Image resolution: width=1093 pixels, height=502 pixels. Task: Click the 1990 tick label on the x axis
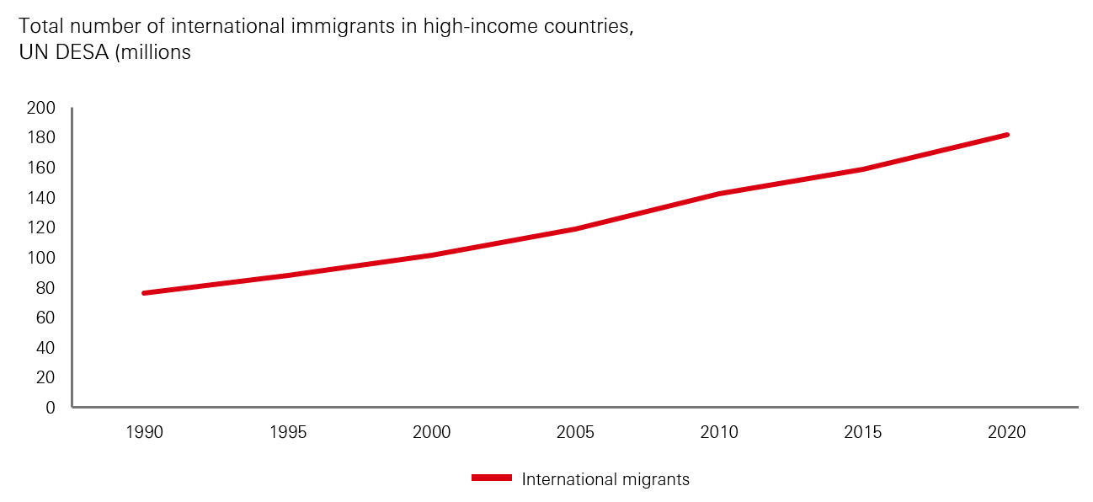(144, 433)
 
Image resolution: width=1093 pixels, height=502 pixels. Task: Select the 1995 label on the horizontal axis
(288, 433)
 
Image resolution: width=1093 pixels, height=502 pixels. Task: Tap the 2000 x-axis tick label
(432, 433)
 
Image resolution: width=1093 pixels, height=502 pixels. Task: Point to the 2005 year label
(576, 433)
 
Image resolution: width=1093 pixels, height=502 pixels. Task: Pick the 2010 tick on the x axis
(719, 433)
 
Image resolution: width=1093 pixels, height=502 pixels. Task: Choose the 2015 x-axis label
(863, 433)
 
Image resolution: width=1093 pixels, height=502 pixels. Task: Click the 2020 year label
(1007, 433)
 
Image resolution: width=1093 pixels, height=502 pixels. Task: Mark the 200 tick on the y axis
(40, 108)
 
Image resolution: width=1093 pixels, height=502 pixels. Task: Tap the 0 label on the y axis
(50, 408)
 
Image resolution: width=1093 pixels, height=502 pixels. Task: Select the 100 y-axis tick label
(40, 258)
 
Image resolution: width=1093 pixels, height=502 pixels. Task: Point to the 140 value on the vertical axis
(40, 198)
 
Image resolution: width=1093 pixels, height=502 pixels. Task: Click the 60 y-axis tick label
(45, 318)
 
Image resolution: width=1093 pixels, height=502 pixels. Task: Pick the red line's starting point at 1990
(145, 293)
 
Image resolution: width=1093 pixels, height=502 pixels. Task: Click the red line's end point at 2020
(1006, 135)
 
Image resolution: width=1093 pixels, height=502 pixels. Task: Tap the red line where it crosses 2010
(719, 194)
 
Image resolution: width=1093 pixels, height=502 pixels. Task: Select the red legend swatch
(491, 478)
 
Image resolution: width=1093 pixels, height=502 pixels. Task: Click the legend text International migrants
(605, 479)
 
